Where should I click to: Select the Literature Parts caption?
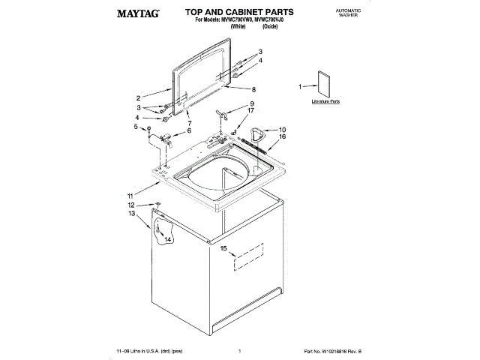(325, 100)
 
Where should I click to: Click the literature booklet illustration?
(324, 84)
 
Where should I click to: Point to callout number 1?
(301, 87)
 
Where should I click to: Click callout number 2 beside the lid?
(138, 98)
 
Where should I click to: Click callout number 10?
(282, 129)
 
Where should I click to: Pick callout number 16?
(283, 137)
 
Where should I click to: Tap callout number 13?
(132, 214)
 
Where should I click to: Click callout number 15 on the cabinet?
(223, 247)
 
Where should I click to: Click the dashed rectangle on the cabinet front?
(248, 256)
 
